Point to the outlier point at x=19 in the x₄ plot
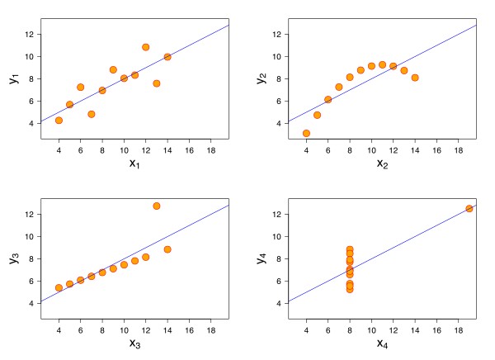[x=469, y=208]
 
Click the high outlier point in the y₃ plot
[x=157, y=206]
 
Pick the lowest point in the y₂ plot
[x=306, y=133]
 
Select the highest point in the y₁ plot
[x=146, y=47]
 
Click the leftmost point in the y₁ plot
[x=59, y=120]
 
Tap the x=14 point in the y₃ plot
[x=167, y=249]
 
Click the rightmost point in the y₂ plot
[x=415, y=78]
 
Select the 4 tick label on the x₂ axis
[x=306, y=149]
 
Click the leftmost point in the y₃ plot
[x=59, y=287]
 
